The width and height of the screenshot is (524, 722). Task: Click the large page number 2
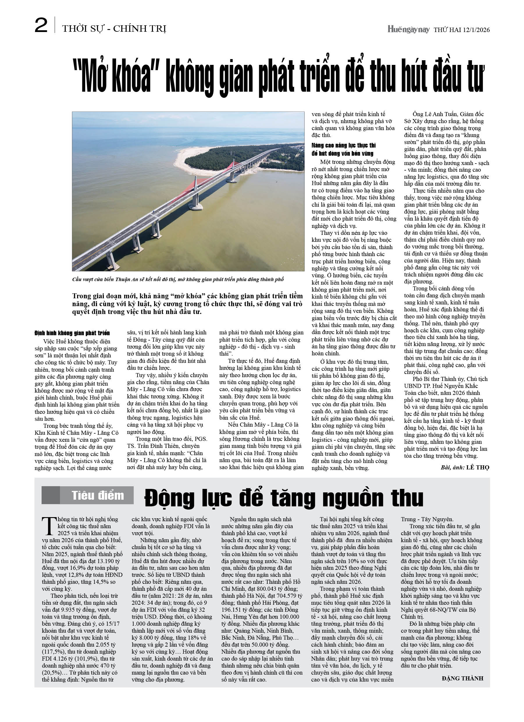click(41, 26)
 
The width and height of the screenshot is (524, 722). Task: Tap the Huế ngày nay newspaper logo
click(408, 30)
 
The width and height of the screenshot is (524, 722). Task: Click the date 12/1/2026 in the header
click(476, 30)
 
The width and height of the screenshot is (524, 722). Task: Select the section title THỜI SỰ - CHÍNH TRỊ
click(114, 29)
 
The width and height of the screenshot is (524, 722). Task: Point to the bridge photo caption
click(178, 279)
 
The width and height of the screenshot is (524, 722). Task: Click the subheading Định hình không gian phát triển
click(72, 333)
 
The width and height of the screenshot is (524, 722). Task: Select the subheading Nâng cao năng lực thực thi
click(344, 146)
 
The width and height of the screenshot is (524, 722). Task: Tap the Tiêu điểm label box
click(88, 495)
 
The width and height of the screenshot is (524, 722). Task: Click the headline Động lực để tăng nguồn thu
click(284, 498)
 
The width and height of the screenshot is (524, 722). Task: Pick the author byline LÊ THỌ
click(477, 467)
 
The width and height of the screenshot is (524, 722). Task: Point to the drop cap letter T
click(49, 526)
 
